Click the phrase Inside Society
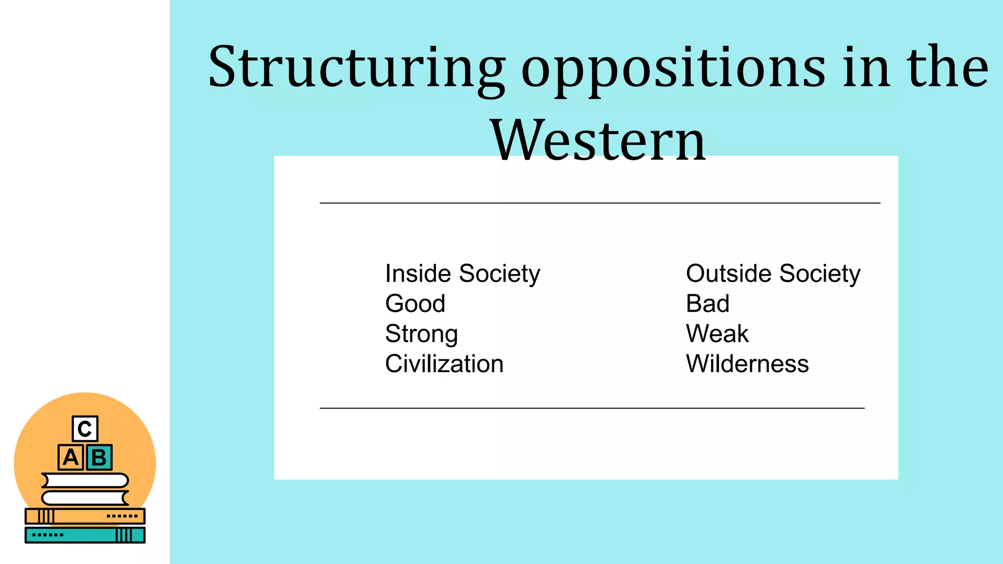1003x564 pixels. click(462, 273)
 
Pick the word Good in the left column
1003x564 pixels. click(415, 304)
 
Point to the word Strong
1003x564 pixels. click(421, 334)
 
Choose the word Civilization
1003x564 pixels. click(444, 364)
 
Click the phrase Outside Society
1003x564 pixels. click(773, 273)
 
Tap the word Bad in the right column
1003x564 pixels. click(708, 304)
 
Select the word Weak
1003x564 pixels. click(717, 334)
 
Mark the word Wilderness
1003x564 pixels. click(747, 364)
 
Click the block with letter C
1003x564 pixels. click(85, 429)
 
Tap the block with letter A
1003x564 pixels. click(71, 457)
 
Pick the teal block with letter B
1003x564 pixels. click(99, 457)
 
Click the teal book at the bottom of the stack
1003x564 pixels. click(85, 535)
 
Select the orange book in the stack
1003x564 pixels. click(85, 516)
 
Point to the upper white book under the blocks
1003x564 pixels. click(85, 480)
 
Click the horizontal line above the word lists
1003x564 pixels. click(600, 203)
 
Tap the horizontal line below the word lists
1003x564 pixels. click(592, 408)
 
